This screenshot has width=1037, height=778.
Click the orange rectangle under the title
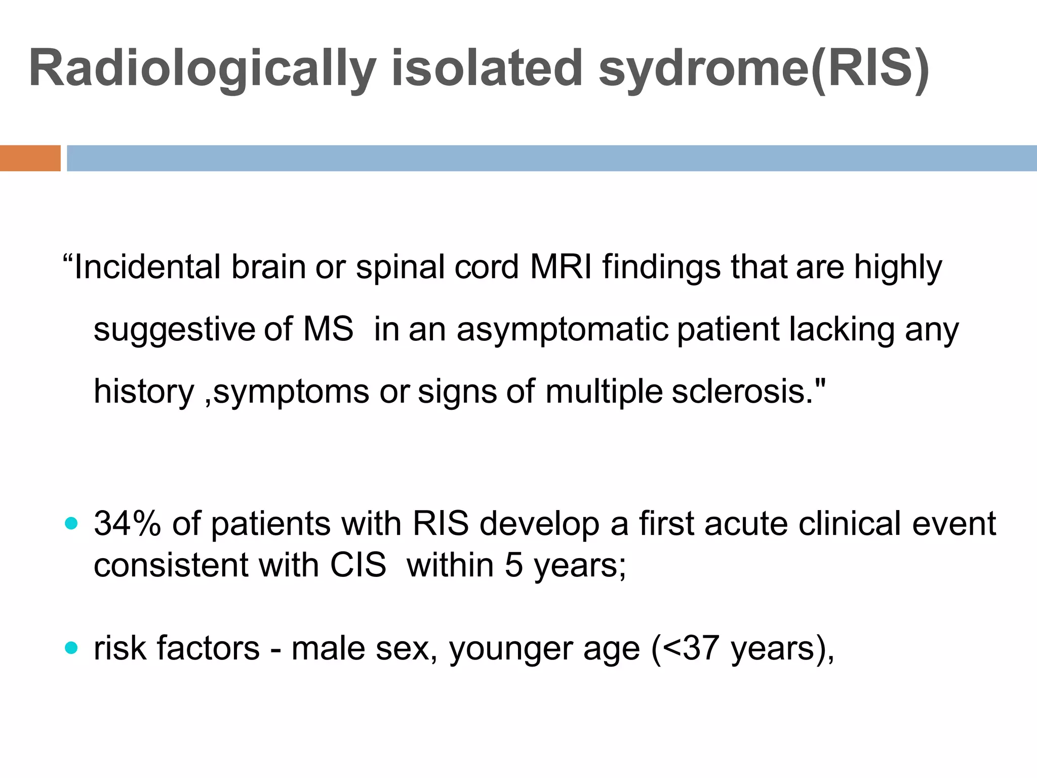pyautogui.click(x=30, y=158)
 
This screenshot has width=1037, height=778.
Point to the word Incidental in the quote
pyautogui.click(x=147, y=267)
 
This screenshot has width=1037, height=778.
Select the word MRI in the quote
pyautogui.click(x=561, y=267)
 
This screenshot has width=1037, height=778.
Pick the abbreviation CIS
pyautogui.click(x=358, y=565)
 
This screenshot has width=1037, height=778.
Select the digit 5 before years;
pyautogui.click(x=513, y=565)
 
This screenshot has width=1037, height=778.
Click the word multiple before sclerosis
pyautogui.click(x=604, y=392)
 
